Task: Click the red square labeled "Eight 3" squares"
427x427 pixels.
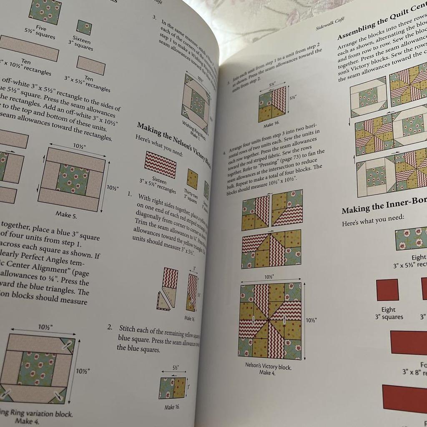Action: click(x=387, y=290)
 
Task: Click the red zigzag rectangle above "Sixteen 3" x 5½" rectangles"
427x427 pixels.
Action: click(x=161, y=164)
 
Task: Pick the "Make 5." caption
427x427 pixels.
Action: click(x=66, y=215)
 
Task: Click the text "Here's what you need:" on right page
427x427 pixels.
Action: click(x=373, y=218)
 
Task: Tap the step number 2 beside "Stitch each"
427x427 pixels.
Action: click(x=110, y=328)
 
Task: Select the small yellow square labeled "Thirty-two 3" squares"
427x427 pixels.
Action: click(x=192, y=179)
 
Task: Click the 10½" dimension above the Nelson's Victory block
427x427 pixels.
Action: click(x=269, y=277)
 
